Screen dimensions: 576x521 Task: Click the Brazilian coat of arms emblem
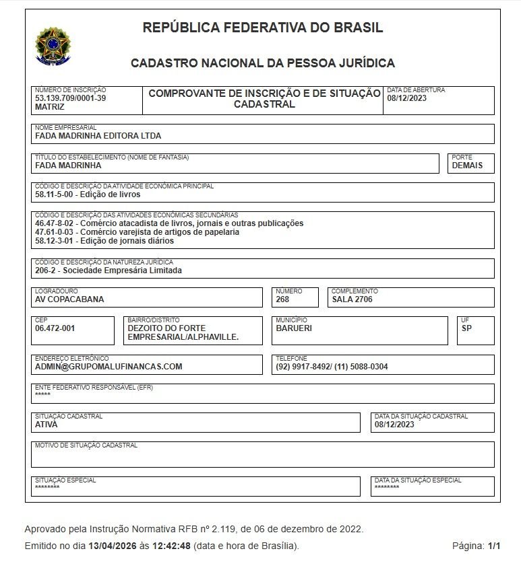[51, 46]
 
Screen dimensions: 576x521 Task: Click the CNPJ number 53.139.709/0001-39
[70, 98]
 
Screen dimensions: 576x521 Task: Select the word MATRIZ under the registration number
[50, 107]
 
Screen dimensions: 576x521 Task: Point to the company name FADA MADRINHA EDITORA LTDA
[98, 135]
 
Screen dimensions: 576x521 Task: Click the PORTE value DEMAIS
[467, 166]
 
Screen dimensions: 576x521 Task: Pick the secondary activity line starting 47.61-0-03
[137, 232]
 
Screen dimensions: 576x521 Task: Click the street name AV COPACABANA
[69, 299]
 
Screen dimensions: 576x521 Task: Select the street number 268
[282, 299]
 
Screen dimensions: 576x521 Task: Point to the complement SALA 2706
[352, 299]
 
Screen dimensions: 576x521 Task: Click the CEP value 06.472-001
[55, 328]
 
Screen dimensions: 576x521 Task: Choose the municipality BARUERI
[294, 328]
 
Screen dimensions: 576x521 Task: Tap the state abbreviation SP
[466, 328]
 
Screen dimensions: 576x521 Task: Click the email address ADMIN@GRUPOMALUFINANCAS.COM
[109, 367]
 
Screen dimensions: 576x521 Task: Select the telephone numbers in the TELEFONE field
[332, 367]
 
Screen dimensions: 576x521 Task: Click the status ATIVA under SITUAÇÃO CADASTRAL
[46, 425]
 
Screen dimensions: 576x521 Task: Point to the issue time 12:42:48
[171, 546]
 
